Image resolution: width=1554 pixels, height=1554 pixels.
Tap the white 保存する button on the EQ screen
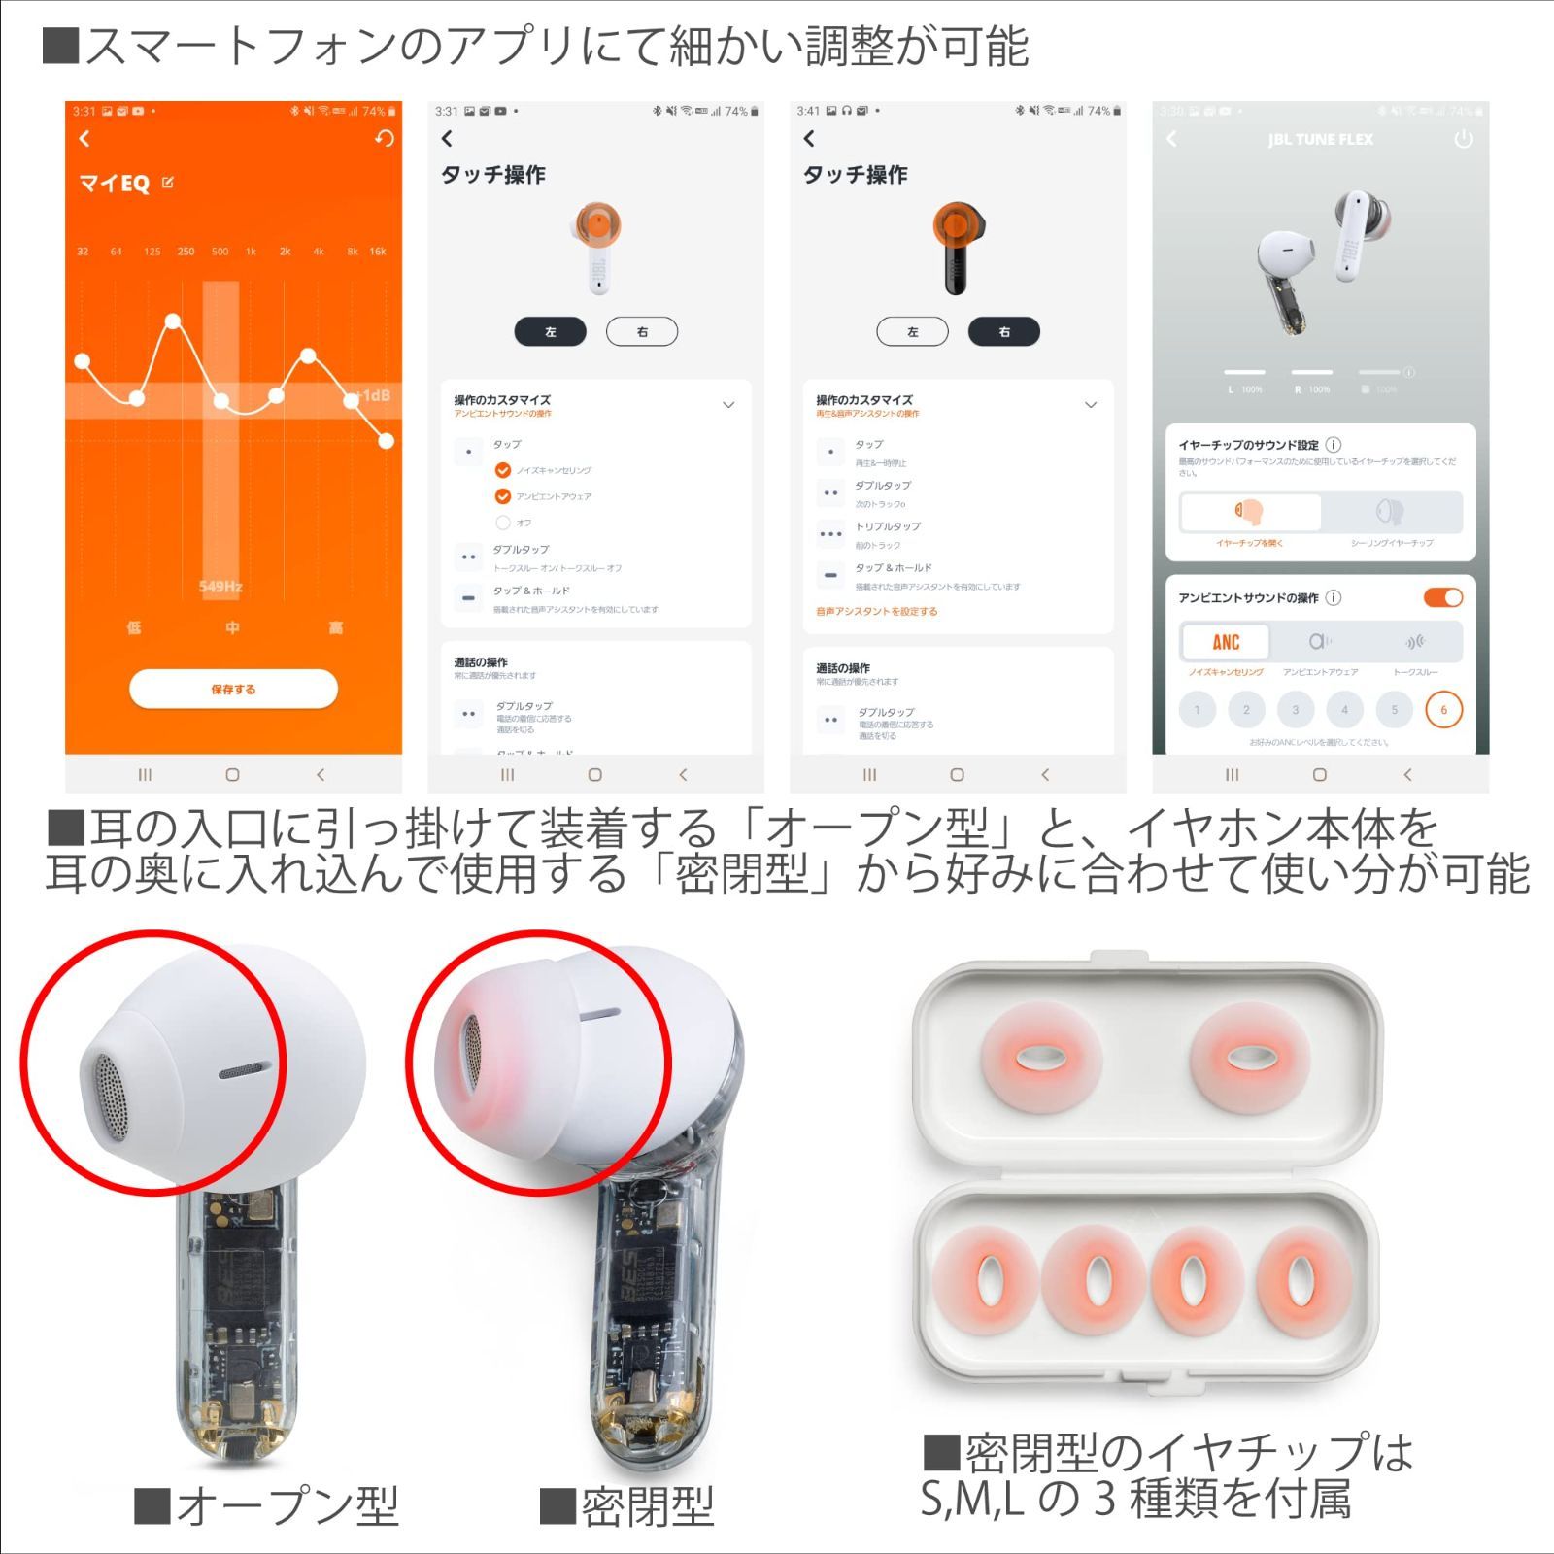tap(233, 689)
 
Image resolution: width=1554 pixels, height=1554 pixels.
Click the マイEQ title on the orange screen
tap(115, 184)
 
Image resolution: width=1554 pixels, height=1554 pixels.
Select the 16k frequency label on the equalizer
tap(378, 252)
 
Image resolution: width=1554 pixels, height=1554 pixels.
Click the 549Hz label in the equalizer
tap(220, 587)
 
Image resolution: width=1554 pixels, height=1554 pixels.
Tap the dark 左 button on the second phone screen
tap(550, 332)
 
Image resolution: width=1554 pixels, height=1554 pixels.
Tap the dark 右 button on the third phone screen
tap(1003, 332)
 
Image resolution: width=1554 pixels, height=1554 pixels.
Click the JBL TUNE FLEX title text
tap(1320, 140)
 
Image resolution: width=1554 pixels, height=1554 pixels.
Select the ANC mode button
tap(1226, 642)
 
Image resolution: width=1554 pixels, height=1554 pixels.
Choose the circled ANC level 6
tap(1443, 710)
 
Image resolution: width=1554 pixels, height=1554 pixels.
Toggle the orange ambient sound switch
tap(1443, 598)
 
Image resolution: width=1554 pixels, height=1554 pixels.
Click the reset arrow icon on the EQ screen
tap(385, 139)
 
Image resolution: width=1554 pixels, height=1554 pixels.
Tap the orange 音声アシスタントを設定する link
tap(877, 612)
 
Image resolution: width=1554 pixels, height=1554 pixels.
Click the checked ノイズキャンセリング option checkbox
tap(503, 471)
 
